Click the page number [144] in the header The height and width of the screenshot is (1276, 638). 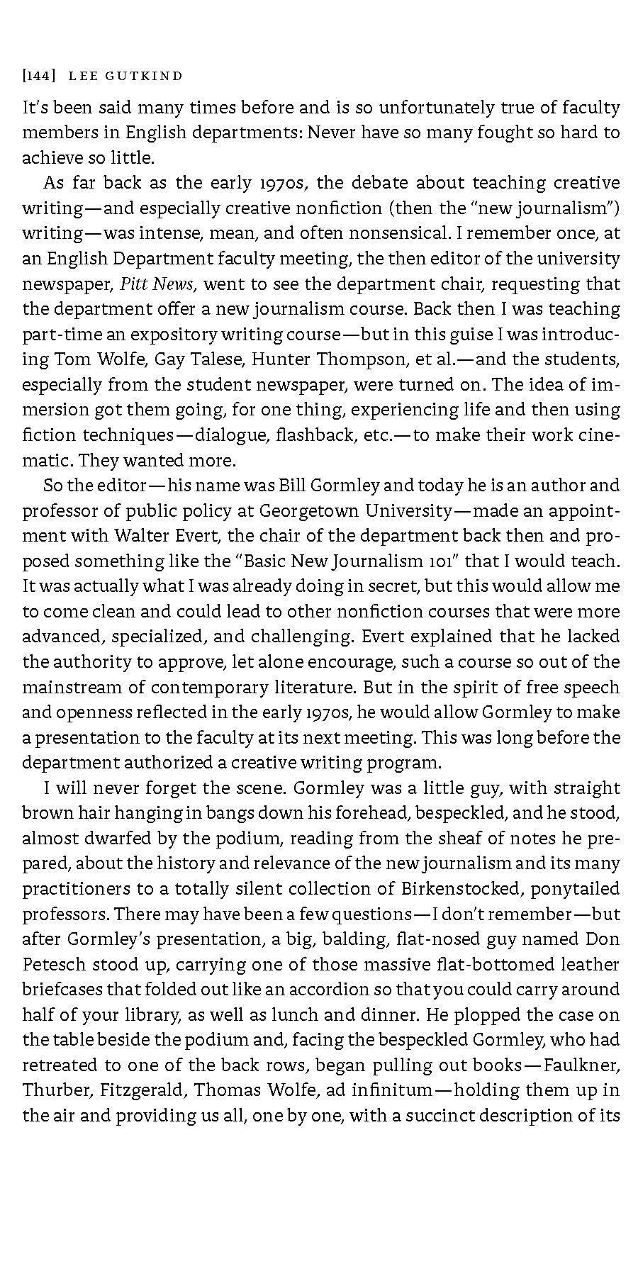click(35, 76)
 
